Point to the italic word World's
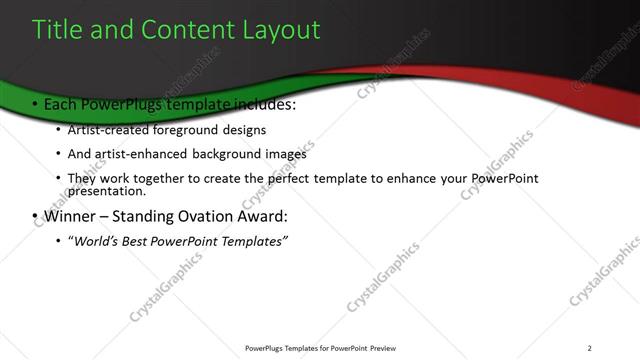coord(97,241)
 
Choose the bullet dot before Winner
coord(35,217)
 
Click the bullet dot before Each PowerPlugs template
coord(35,105)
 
